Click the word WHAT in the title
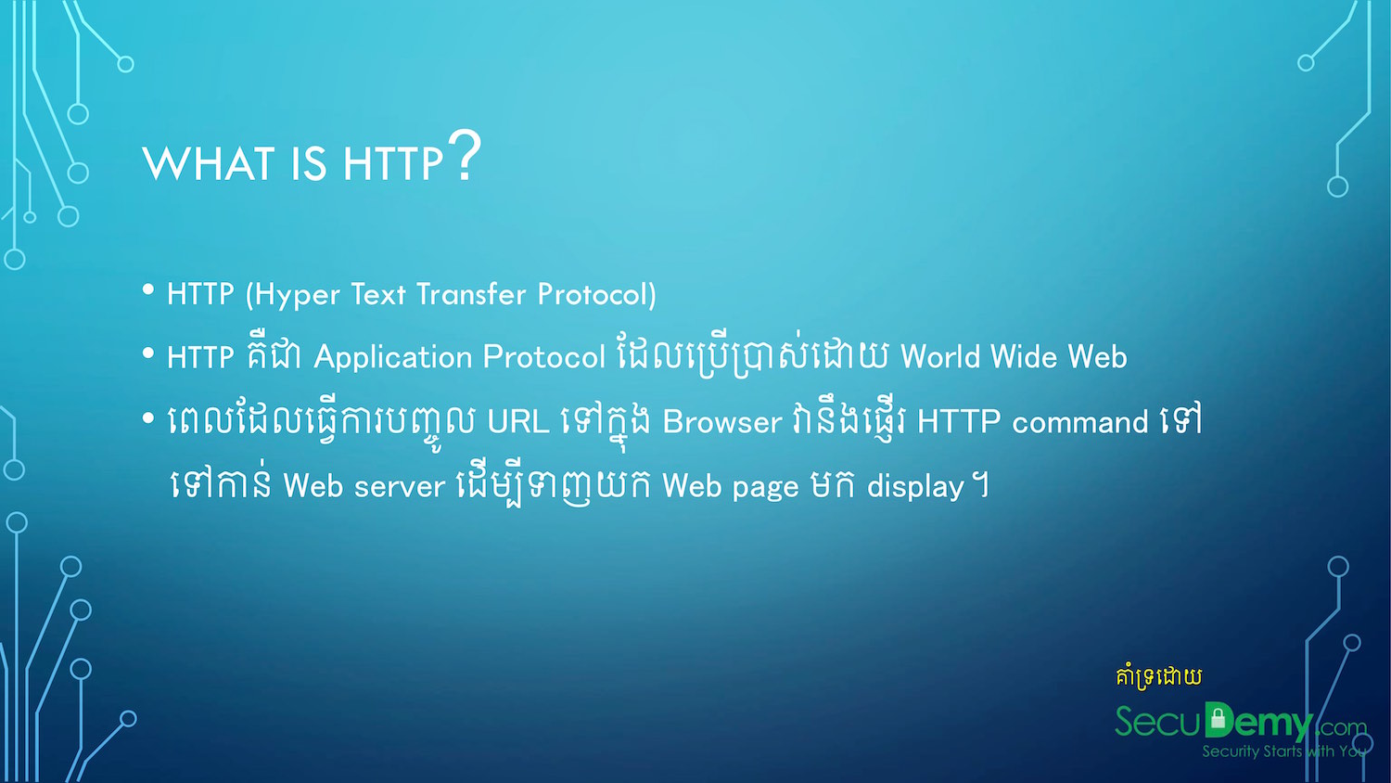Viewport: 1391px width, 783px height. [x=209, y=163]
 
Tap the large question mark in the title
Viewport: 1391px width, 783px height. [x=465, y=155]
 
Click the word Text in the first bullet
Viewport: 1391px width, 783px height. [x=378, y=294]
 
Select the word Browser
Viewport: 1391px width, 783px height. [x=722, y=422]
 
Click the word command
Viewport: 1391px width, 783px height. [x=1080, y=422]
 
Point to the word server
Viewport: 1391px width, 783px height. [x=400, y=486]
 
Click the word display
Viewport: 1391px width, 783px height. [x=915, y=486]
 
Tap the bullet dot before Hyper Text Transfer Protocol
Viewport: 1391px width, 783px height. [x=147, y=289]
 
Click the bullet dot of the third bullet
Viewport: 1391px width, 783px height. [x=147, y=418]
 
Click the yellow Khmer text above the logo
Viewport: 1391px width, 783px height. [x=1159, y=676]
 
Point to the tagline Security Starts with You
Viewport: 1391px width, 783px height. [x=1283, y=751]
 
